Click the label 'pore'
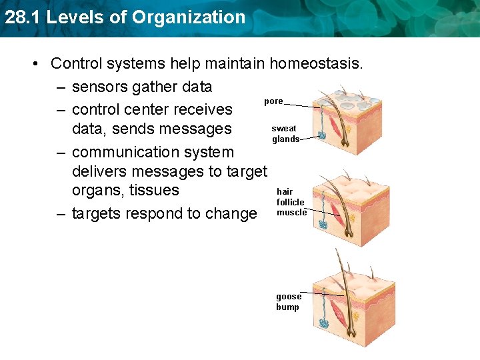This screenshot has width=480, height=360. [273, 101]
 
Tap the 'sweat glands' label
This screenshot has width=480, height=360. [284, 133]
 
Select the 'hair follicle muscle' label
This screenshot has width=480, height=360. [291, 202]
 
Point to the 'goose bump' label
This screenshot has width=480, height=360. [288, 302]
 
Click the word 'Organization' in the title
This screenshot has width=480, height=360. [189, 17]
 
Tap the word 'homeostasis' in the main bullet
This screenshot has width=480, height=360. [316, 63]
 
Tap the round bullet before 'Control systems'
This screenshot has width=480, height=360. [35, 64]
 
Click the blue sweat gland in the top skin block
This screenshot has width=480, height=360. [322, 135]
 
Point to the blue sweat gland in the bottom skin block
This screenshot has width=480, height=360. [323, 321]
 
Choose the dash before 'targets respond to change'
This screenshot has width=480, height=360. [61, 213]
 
